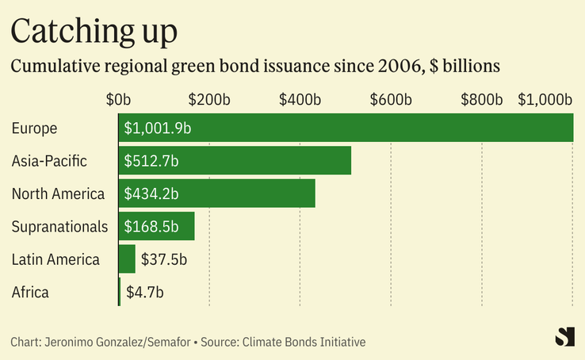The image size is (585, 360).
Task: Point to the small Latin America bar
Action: click(127, 259)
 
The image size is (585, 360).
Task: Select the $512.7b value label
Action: click(151, 161)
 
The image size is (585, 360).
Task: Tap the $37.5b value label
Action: click(163, 259)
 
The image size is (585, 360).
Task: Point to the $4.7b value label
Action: click(145, 292)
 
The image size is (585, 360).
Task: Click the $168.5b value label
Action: click(151, 227)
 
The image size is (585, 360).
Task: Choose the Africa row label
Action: click(30, 292)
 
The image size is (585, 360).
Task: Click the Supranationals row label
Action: click(59, 227)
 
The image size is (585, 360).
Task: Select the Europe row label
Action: click(35, 128)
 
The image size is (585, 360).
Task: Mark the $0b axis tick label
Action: click(119, 100)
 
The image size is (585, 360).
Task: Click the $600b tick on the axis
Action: click(391, 100)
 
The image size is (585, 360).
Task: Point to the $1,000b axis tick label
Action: click(545, 100)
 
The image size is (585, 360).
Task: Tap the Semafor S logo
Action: click(564, 336)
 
